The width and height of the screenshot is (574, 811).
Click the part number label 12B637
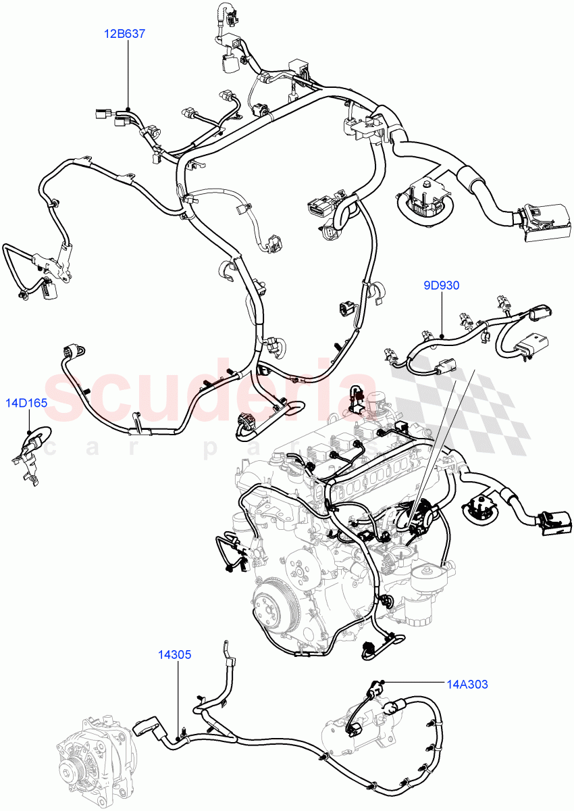pos(124,32)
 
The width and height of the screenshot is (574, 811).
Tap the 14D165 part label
pos(27,403)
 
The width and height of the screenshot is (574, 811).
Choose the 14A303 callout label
pos(465,684)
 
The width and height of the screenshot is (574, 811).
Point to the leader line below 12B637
pos(126,74)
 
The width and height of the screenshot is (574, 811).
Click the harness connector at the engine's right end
pos(553,522)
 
